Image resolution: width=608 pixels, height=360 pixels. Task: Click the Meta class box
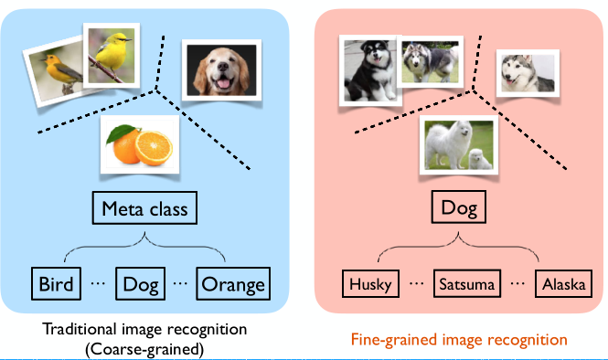coord(145,208)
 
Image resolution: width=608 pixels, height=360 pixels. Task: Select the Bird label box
coord(56,283)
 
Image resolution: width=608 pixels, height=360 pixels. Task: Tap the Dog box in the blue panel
coord(142,283)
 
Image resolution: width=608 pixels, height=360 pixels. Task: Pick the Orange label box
coord(233,283)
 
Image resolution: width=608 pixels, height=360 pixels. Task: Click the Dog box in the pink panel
coord(459,208)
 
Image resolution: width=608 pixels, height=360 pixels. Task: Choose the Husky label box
coord(370,284)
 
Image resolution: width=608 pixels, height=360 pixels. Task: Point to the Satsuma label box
coord(465,284)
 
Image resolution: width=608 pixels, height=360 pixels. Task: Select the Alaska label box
coord(562,284)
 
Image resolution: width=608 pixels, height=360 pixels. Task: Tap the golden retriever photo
coord(218,71)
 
